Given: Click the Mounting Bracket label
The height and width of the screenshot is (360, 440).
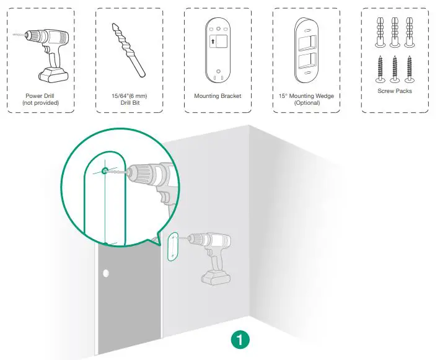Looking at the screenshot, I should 218,96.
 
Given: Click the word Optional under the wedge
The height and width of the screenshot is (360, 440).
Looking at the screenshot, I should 306,103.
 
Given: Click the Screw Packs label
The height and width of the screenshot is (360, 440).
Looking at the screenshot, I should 394,91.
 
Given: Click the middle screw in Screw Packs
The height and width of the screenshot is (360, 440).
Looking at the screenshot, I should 394,70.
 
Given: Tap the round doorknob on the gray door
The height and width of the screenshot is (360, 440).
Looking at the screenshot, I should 106,273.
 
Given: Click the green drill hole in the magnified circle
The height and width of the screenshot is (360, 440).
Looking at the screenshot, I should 105,170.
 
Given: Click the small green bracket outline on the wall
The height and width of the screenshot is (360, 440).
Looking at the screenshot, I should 173,246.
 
